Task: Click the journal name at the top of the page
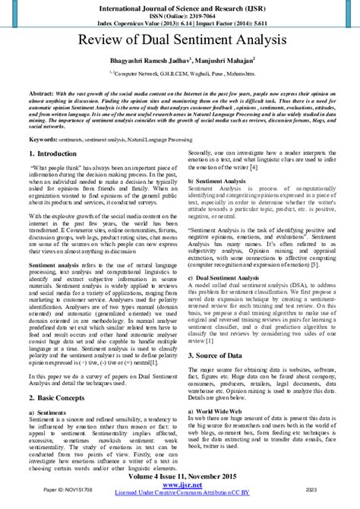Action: pyautogui.click(x=180, y=5)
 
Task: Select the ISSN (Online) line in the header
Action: pyautogui.click(x=180, y=14)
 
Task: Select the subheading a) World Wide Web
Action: pyautogui.click(x=220, y=409)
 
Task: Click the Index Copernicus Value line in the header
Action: pyautogui.click(x=180, y=23)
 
